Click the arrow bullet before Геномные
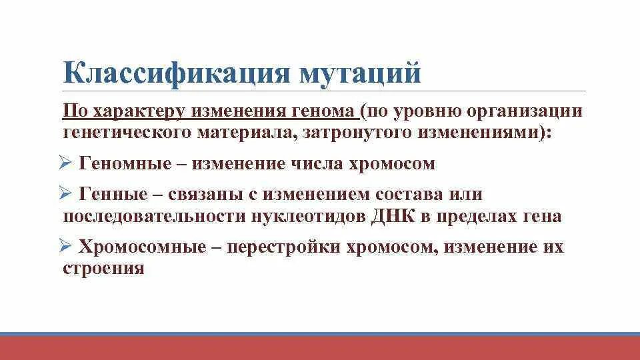65,163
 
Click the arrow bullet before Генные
65,194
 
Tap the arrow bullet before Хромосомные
65,247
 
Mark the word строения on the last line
103,269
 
